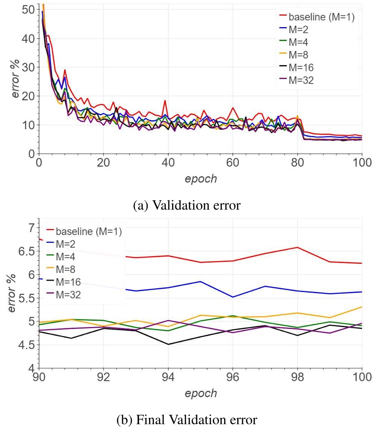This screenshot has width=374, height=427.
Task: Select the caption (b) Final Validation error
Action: coord(187,420)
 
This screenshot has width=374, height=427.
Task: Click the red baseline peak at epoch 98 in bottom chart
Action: coord(297,247)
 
